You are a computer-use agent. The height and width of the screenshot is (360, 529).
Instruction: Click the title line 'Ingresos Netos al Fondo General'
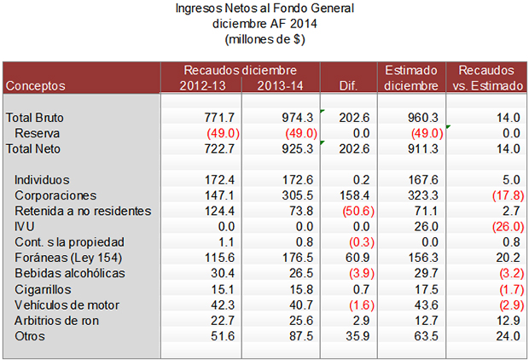264,9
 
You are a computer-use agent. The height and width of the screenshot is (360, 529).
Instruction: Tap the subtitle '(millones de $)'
264,38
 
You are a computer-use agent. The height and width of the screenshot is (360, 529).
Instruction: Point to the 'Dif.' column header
349,86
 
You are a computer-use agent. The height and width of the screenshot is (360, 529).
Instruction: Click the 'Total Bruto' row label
35,118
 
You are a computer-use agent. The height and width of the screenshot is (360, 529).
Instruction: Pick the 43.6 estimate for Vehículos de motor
424,305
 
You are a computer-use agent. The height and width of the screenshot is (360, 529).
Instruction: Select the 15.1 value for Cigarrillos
221,288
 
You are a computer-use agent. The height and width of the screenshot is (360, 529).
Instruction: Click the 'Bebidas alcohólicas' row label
70,273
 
